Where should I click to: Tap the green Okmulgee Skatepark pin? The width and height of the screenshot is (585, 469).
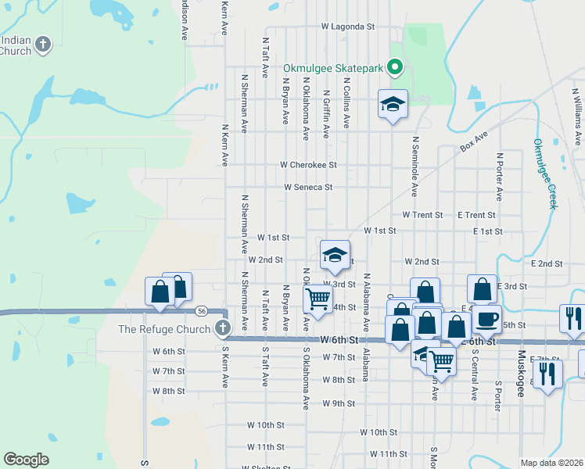pyautogui.click(x=395, y=68)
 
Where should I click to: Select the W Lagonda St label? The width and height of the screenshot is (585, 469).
pyautogui.click(x=348, y=27)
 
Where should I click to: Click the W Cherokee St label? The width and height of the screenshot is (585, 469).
pyautogui.click(x=309, y=166)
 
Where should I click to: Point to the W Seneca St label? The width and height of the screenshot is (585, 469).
pyautogui.click(x=308, y=188)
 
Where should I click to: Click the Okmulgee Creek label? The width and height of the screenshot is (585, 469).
pyautogui.click(x=544, y=174)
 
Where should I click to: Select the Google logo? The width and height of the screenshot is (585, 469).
pyautogui.click(x=26, y=459)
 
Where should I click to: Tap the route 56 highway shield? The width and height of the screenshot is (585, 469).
pyautogui.click(x=202, y=310)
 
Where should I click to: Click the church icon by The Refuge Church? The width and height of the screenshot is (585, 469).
pyautogui.click(x=222, y=328)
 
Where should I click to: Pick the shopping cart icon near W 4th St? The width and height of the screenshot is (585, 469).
pyautogui.click(x=317, y=298)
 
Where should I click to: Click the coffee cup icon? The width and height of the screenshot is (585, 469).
pyautogui.click(x=487, y=319)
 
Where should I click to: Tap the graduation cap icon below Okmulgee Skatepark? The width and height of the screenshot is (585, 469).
pyautogui.click(x=393, y=104)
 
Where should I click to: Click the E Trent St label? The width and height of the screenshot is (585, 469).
pyautogui.click(x=476, y=215)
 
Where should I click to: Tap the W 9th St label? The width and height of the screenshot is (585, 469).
pyautogui.click(x=339, y=404)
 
